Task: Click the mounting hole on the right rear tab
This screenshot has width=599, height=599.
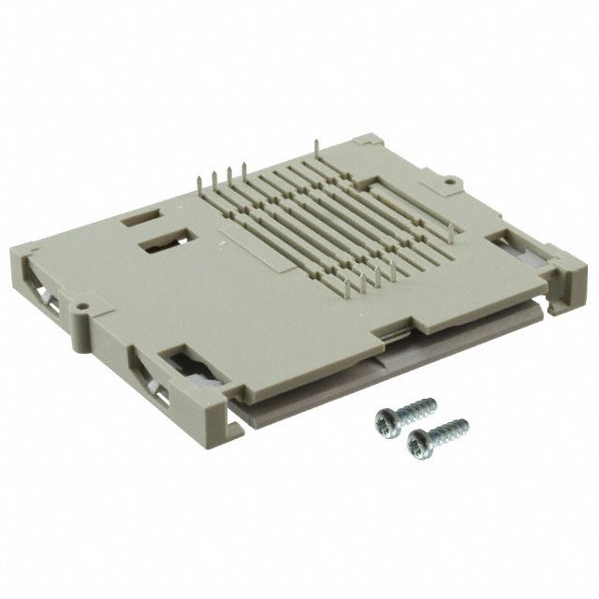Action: click(449, 178)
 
